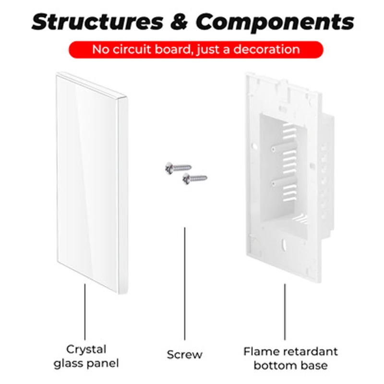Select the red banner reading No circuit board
pos(195,49)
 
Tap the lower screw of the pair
pos(194,179)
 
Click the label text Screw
pos(185,355)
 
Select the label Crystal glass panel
pos(86,356)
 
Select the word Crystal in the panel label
pos(86,349)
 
